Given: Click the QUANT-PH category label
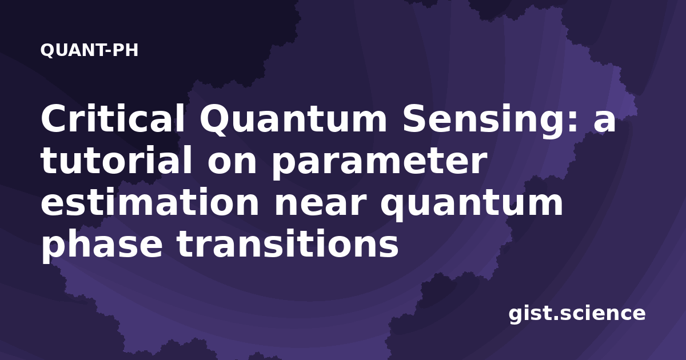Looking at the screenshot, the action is point(89,50).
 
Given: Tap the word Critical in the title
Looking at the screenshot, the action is point(113,118).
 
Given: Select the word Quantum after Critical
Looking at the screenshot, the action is point(293,119).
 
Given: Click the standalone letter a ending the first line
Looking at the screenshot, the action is point(604,122).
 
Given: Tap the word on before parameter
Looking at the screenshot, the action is point(232,163).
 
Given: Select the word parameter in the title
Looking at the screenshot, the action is point(379,163).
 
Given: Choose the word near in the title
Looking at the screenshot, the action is point(320,205).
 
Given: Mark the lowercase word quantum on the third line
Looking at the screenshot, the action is point(471,205).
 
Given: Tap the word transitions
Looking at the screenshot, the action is point(288,243).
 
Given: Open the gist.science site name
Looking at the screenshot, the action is point(577,314).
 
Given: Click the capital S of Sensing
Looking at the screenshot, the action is point(416,118).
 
